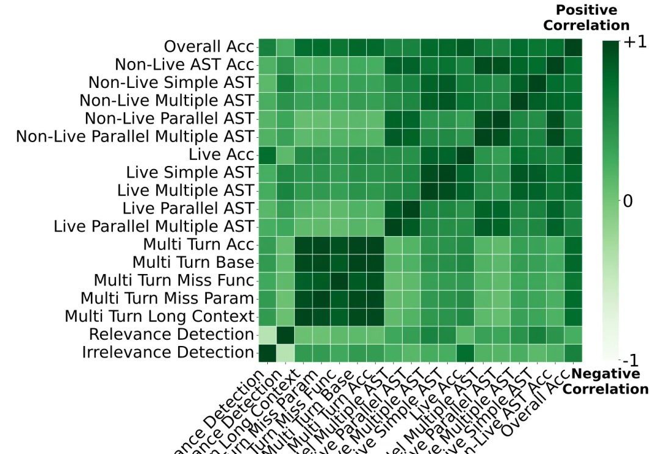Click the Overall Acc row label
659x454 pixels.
pos(209,47)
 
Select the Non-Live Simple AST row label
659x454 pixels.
pos(171,83)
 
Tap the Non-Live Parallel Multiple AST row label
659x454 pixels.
pos(135,137)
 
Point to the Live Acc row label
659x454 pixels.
pos(221,155)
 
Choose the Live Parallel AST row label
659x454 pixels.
pos(188,209)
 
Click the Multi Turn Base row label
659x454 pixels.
pos(193,262)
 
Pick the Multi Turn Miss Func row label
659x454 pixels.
pos(173,281)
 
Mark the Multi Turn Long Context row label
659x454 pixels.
pos(159,317)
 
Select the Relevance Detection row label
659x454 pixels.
pos(171,334)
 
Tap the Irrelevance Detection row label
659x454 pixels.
pos(168,353)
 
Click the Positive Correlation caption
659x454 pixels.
pos(586,18)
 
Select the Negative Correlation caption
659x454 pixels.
pos(605,381)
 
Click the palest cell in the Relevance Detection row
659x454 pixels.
pos(267,334)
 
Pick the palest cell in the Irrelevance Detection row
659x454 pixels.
pos(285,353)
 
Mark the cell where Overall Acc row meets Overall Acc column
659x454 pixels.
pos(573,47)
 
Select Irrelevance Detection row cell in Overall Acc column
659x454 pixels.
pos(573,353)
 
